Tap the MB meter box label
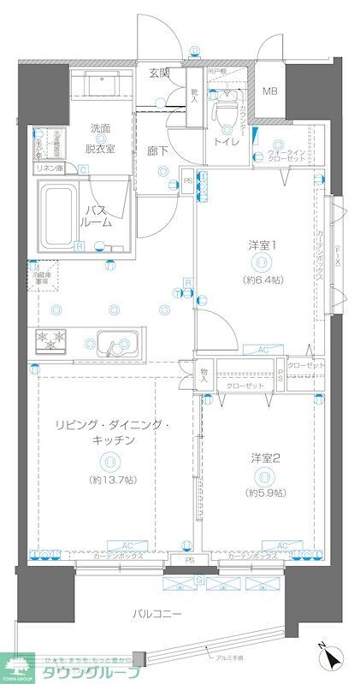(269, 91)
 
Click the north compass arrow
(329, 660)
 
